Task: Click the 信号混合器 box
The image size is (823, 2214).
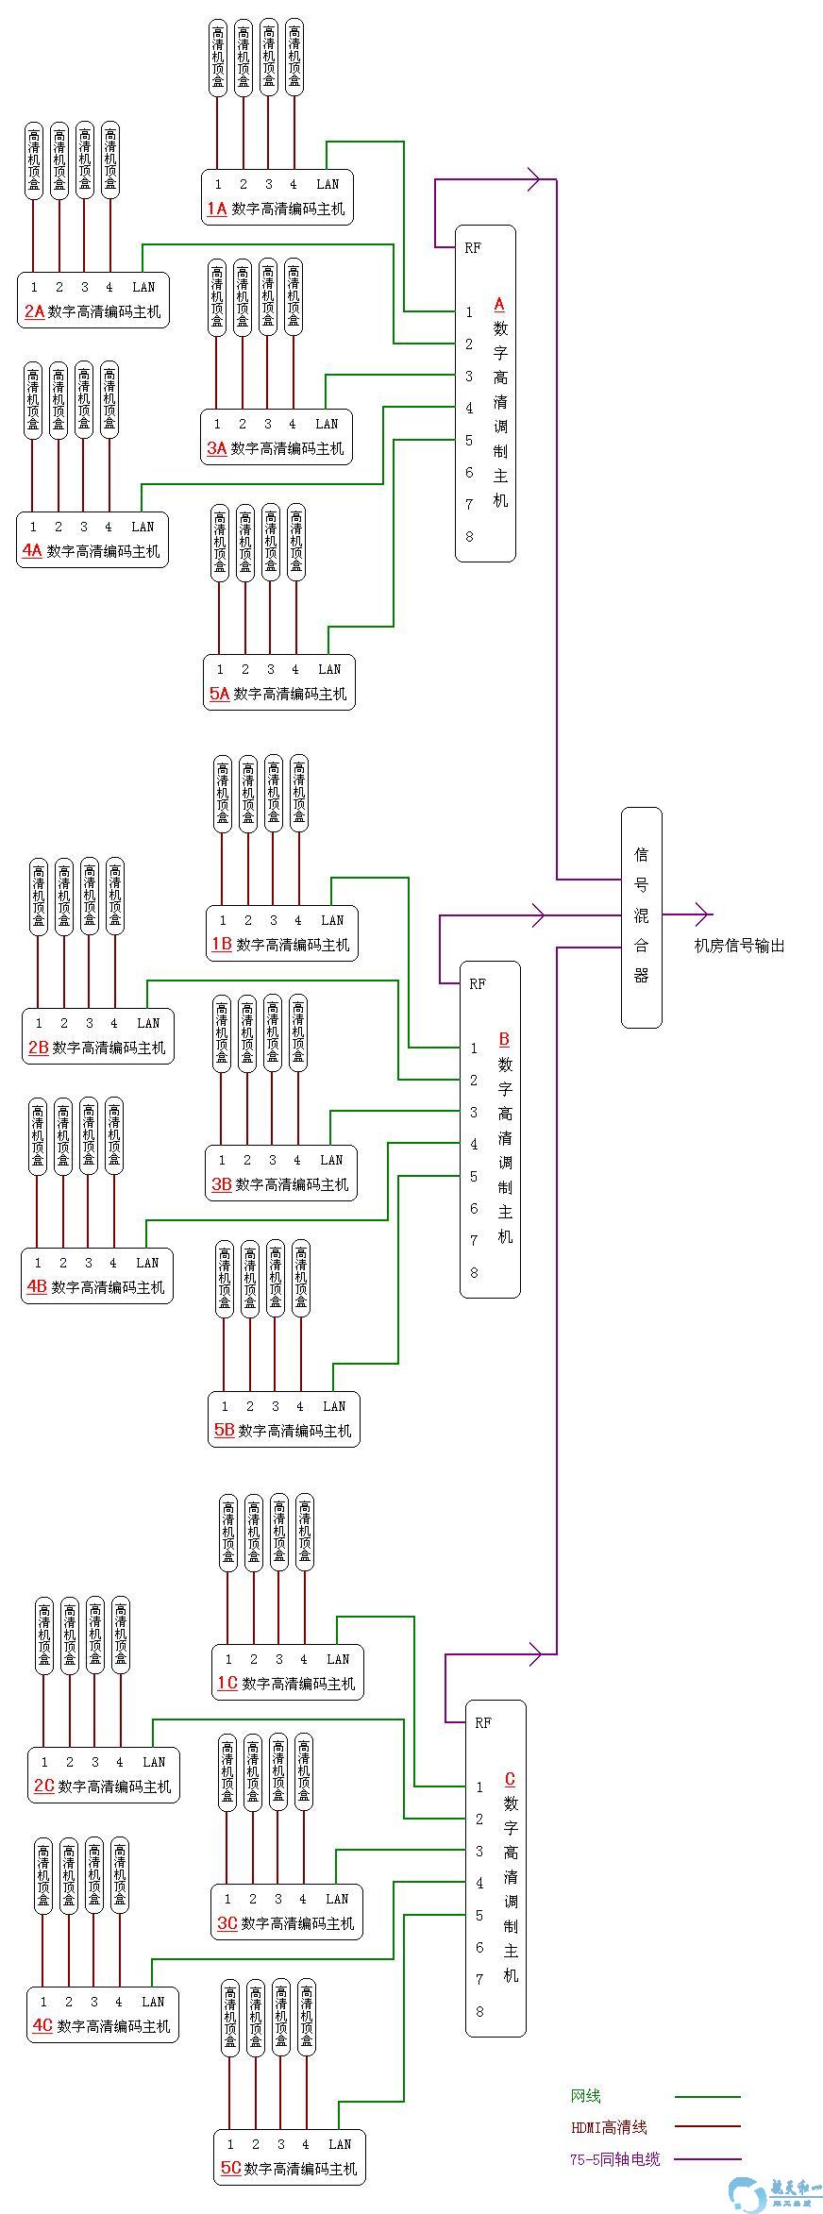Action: pyautogui.click(x=641, y=916)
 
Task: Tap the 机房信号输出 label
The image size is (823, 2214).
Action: pyautogui.click(x=739, y=946)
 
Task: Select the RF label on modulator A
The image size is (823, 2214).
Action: pyautogui.click(x=473, y=248)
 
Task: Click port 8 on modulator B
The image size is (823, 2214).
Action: pyautogui.click(x=474, y=1272)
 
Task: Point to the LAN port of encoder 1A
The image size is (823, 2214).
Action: pyautogui.click(x=327, y=184)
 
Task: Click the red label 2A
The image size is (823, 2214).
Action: pyautogui.click(x=34, y=311)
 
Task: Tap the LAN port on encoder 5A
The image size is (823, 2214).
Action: pyautogui.click(x=328, y=669)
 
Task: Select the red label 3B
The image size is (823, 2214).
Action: pyautogui.click(x=221, y=1184)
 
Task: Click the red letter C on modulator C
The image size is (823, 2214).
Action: pyautogui.click(x=510, y=1779)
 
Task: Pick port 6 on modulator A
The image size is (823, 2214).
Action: pyautogui.click(x=469, y=472)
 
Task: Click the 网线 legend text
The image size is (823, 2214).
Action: pyautogui.click(x=585, y=2096)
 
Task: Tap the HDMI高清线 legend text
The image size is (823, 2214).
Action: pyautogui.click(x=609, y=2127)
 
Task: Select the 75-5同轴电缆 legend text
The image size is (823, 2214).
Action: pyautogui.click(x=614, y=2158)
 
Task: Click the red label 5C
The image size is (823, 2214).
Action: pyautogui.click(x=230, y=2168)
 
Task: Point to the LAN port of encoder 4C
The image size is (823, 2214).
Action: pyautogui.click(x=153, y=2001)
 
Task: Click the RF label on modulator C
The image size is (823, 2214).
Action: pyautogui.click(x=483, y=1722)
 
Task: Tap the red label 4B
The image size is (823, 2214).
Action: pyautogui.click(x=37, y=1286)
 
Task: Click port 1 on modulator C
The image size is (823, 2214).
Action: pyautogui.click(x=479, y=1786)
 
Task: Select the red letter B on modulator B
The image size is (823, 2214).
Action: pyautogui.click(x=504, y=1039)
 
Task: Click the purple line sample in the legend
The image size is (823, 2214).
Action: pyautogui.click(x=707, y=2158)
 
